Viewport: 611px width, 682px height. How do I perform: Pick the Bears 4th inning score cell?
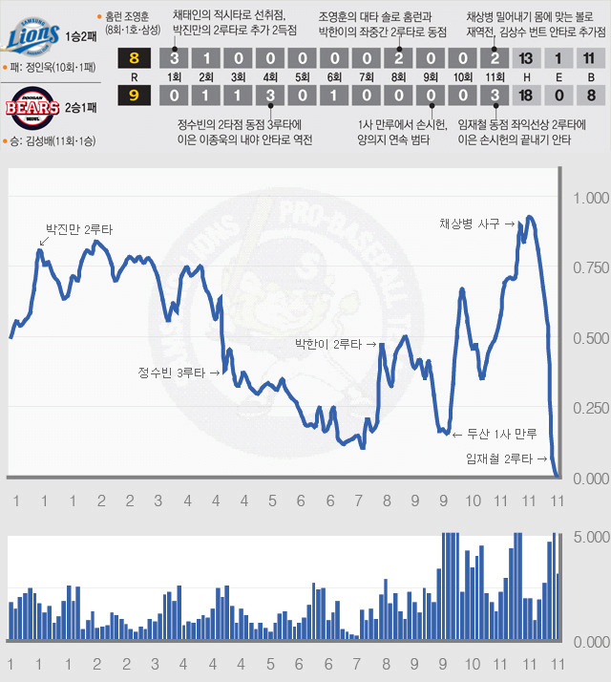click(x=270, y=94)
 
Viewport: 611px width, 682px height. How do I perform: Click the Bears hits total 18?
click(x=525, y=94)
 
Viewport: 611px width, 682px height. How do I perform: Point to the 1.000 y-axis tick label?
click(x=589, y=199)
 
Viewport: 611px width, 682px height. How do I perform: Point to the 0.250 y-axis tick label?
click(x=589, y=409)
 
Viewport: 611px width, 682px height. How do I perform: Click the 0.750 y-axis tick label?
click(x=589, y=268)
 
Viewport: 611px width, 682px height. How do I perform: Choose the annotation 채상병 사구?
click(x=475, y=224)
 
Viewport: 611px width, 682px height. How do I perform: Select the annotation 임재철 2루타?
click(x=501, y=459)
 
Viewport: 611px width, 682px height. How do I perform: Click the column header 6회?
click(x=334, y=76)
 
